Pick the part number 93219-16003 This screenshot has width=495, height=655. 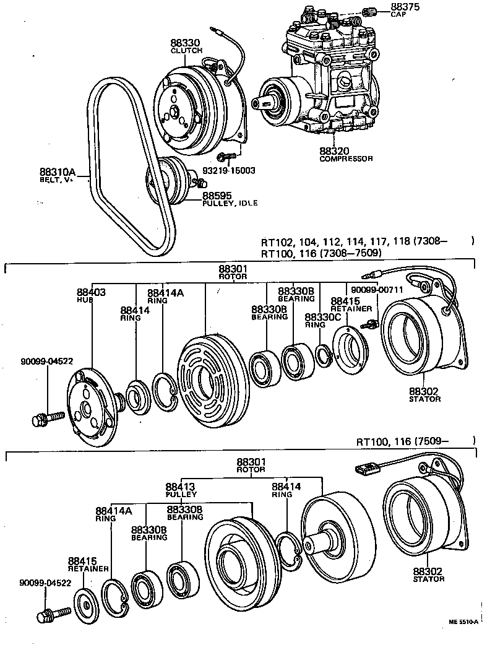click(229, 170)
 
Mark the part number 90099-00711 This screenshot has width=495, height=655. click(377, 289)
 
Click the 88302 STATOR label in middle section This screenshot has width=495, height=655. click(424, 395)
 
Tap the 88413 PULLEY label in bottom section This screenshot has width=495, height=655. click(181, 490)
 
